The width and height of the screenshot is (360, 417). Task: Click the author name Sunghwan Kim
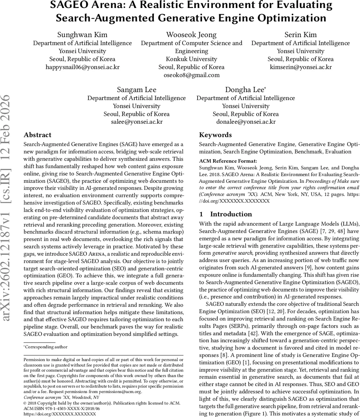82,35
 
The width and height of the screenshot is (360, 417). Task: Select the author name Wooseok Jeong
191,35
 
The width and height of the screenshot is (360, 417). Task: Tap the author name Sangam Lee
136,90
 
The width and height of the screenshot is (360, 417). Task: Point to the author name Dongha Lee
245,90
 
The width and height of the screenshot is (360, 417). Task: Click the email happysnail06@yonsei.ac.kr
82,67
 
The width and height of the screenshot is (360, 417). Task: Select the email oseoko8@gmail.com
191,75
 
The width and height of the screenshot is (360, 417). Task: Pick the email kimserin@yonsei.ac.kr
300,67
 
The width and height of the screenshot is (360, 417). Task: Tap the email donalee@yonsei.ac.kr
245,122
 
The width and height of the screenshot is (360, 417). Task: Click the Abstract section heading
37,135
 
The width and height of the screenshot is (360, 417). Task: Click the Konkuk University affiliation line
191,59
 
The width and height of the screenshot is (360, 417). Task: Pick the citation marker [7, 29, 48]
315,231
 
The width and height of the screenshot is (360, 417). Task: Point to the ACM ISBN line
61,409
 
